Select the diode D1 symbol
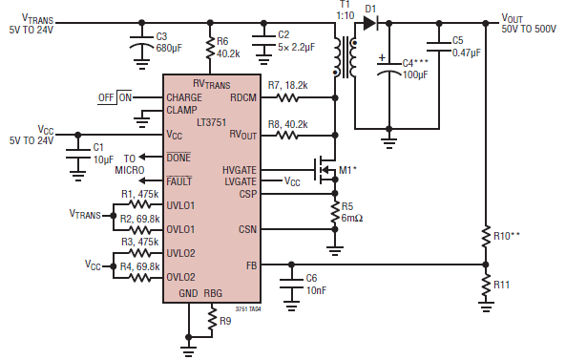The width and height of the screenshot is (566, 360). pos(371,17)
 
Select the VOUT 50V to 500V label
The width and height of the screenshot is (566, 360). pos(529,23)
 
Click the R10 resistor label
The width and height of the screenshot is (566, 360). pos(507,233)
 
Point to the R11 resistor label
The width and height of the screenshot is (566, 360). pos(502,284)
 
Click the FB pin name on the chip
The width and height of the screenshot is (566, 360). pos(249,265)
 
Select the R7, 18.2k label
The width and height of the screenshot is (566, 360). pos(287,86)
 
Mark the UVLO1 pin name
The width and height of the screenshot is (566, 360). pos(181,204)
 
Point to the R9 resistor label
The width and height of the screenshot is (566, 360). pos(225,321)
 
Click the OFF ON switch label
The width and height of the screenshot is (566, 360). pos(115,97)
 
